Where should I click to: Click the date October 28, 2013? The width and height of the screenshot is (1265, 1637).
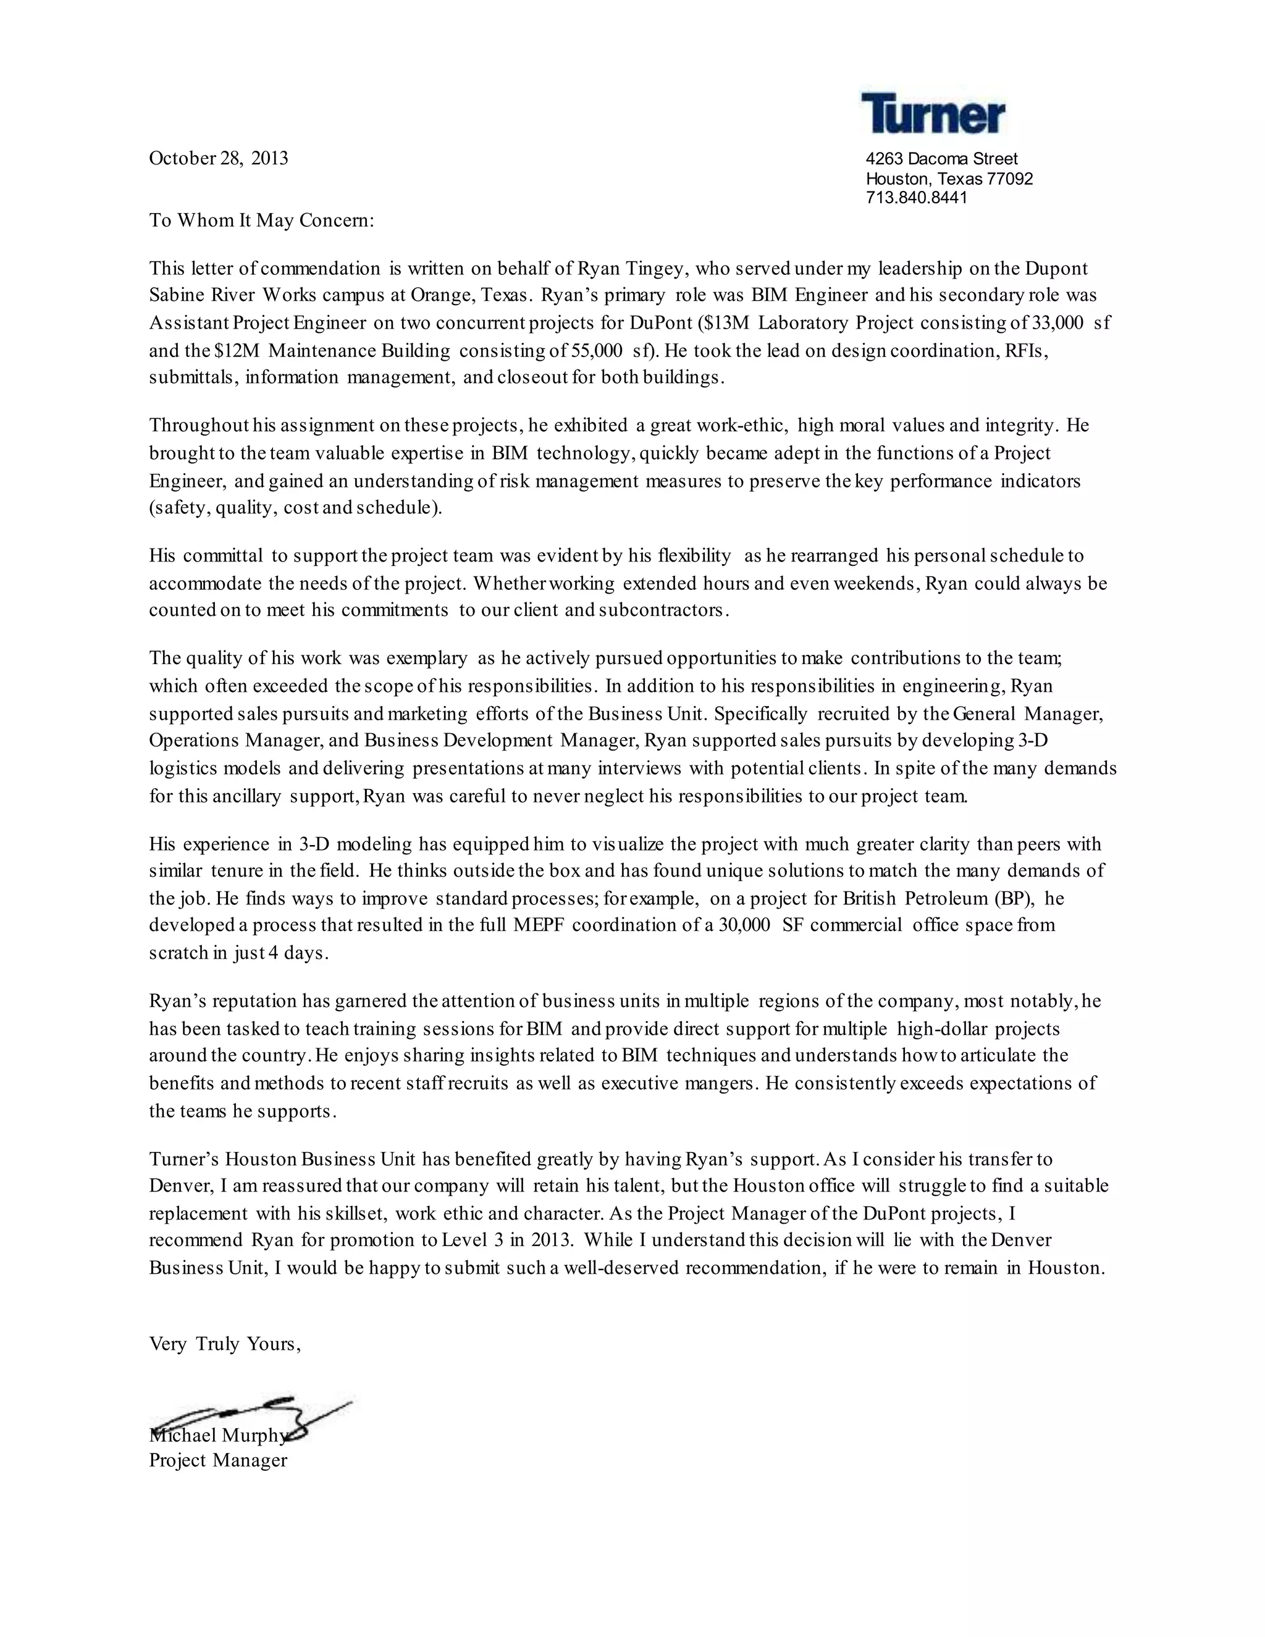click(x=218, y=158)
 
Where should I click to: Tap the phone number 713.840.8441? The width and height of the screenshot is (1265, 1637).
click(x=916, y=198)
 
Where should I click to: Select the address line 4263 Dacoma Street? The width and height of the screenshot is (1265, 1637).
click(x=941, y=159)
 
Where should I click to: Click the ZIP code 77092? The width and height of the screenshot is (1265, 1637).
click(x=1009, y=179)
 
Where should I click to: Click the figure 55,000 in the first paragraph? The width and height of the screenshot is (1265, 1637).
click(x=597, y=350)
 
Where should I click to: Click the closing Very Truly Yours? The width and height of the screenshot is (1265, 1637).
click(x=225, y=1344)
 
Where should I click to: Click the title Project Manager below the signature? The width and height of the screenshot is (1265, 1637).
click(x=218, y=1460)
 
